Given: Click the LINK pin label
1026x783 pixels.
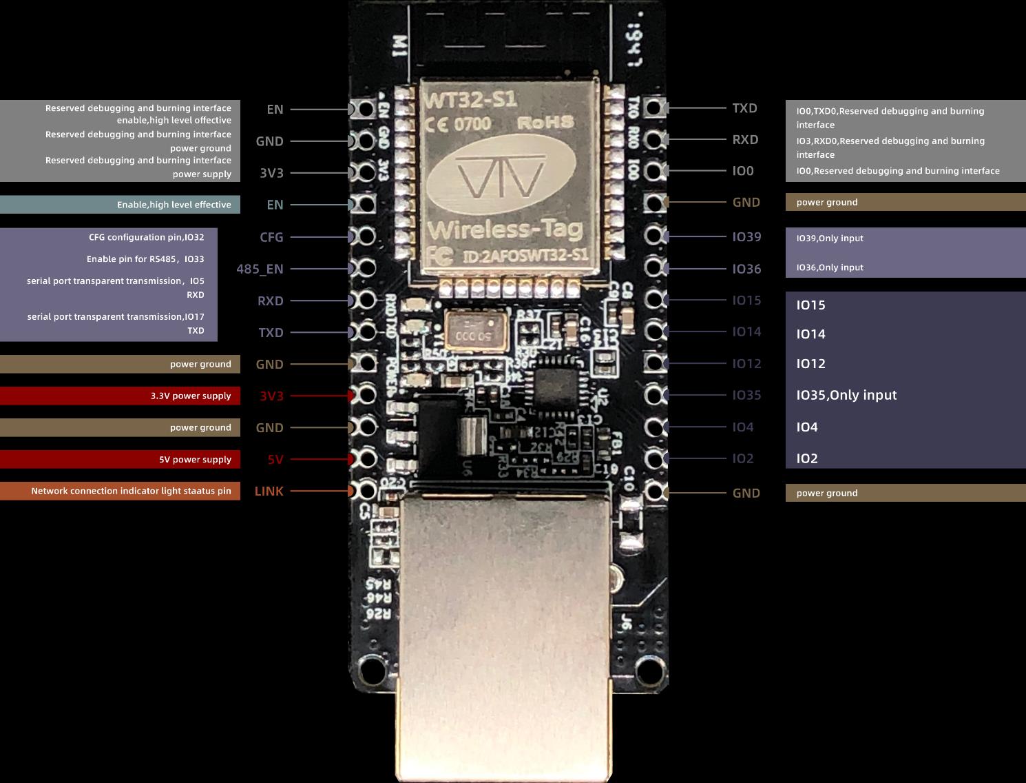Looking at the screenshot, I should pyautogui.click(x=269, y=491).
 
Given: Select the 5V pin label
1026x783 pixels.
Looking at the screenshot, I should pyautogui.click(x=275, y=460).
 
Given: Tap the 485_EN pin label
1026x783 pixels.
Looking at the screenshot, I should pyautogui.click(x=260, y=269).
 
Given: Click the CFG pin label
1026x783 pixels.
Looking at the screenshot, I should pyautogui.click(x=271, y=237).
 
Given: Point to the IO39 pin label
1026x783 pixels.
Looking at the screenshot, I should pyautogui.click(x=746, y=237).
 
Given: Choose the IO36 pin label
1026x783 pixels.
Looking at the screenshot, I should pyautogui.click(x=746, y=269).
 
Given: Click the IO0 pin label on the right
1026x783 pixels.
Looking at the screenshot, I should pyautogui.click(x=743, y=171).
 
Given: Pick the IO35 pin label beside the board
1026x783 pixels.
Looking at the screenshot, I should pyautogui.click(x=746, y=395).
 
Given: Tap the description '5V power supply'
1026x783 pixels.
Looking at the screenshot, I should pyautogui.click(x=195, y=460).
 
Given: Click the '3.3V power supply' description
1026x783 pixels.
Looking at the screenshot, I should pyautogui.click(x=191, y=396).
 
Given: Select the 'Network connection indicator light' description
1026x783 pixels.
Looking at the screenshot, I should pyautogui.click(x=131, y=491).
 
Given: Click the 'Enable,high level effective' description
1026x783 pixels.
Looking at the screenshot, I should pyautogui.click(x=174, y=205).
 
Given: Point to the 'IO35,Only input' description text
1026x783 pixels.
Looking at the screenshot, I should pyautogui.click(x=846, y=395).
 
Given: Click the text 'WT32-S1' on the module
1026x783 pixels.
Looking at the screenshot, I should pyautogui.click(x=471, y=100).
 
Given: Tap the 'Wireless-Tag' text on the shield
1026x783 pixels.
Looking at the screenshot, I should pyautogui.click(x=505, y=229).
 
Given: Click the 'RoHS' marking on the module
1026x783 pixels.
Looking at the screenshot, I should pyautogui.click(x=545, y=123).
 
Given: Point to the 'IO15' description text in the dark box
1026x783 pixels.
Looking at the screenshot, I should pyautogui.click(x=810, y=305).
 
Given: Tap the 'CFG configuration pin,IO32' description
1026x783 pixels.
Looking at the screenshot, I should pyautogui.click(x=146, y=237).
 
